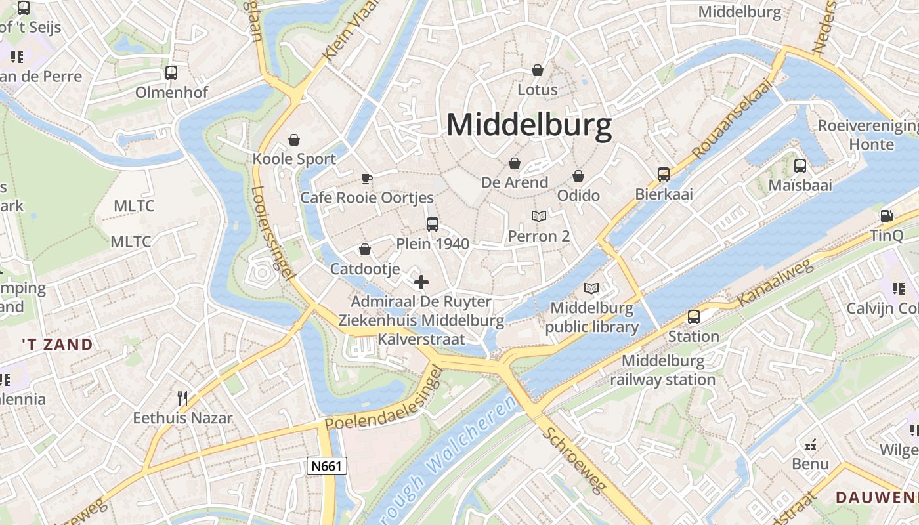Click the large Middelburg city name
coord(529,125)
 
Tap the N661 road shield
coord(326,466)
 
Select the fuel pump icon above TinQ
coord(886,216)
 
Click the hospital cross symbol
coord(421,282)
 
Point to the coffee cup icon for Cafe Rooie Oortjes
coord(367,178)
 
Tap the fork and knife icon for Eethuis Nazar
coord(182,398)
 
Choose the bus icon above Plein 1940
coord(432,224)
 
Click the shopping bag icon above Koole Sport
coord(294,140)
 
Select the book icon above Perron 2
coord(538,216)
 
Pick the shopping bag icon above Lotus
coord(538,70)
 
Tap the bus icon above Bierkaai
coord(664,175)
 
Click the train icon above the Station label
coord(694,317)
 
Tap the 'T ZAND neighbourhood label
coord(57,344)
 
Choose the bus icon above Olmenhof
coord(171,73)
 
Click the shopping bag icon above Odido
coord(578,176)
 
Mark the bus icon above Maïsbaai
coord(800,166)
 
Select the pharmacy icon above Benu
coord(811,445)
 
